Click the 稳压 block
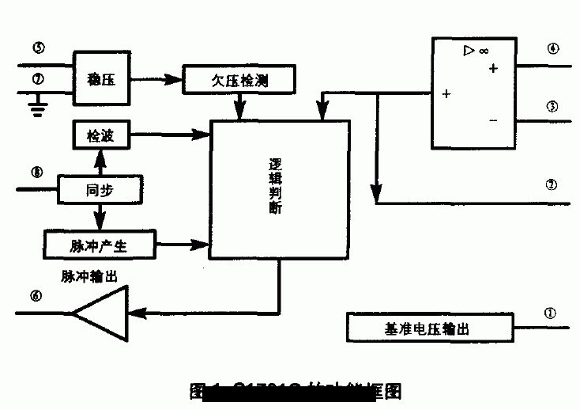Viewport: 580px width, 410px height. pos(100,79)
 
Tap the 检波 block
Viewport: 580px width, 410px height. pos(100,137)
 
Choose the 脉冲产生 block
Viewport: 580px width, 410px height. pos(99,245)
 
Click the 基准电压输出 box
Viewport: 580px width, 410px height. pos(430,327)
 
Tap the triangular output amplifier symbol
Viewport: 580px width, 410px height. pos(103,313)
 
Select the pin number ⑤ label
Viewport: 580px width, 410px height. pos(38,47)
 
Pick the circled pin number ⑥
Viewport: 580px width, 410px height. pos(36,296)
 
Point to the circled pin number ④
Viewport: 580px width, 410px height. pos(552,48)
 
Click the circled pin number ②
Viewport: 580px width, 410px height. pos(552,185)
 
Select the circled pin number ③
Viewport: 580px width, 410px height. pos(552,105)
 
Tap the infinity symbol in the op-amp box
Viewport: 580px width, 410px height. pos(482,52)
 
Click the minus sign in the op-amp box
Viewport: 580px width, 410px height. pos(493,121)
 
